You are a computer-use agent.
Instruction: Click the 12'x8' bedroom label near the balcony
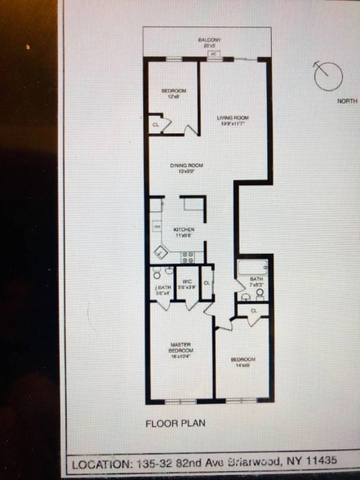(x=174, y=92)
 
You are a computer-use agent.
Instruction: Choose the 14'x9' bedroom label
(x=242, y=363)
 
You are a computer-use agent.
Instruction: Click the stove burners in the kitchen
(x=187, y=256)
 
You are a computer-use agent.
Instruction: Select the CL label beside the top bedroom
(x=156, y=124)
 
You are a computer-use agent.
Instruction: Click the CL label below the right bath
(x=254, y=311)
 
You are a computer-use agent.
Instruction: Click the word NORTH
(x=346, y=101)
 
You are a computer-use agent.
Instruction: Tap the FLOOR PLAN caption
(x=175, y=424)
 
